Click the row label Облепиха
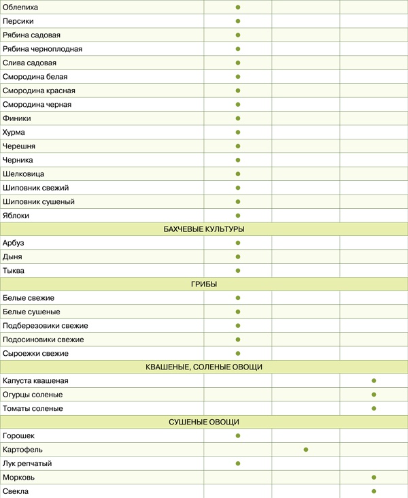tap(20, 7)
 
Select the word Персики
tap(18, 21)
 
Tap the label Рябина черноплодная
tap(42, 49)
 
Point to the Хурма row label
tap(14, 132)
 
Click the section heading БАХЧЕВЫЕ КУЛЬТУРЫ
tap(204, 229)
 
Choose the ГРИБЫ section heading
tap(204, 284)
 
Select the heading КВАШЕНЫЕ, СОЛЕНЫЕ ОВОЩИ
tap(204, 367)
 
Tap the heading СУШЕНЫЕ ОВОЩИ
tap(204, 422)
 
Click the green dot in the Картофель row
tap(306, 450)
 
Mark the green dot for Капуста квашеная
tap(374, 381)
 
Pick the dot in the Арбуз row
tap(238, 243)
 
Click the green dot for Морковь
tap(374, 478)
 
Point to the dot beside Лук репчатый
tap(238, 463)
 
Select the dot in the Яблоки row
tap(238, 215)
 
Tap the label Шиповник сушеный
tap(38, 201)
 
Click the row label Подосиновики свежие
tap(44, 339)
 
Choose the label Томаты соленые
tap(33, 408)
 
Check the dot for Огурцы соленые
tap(374, 395)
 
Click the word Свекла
tap(16, 491)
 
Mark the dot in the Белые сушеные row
tap(238, 312)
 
